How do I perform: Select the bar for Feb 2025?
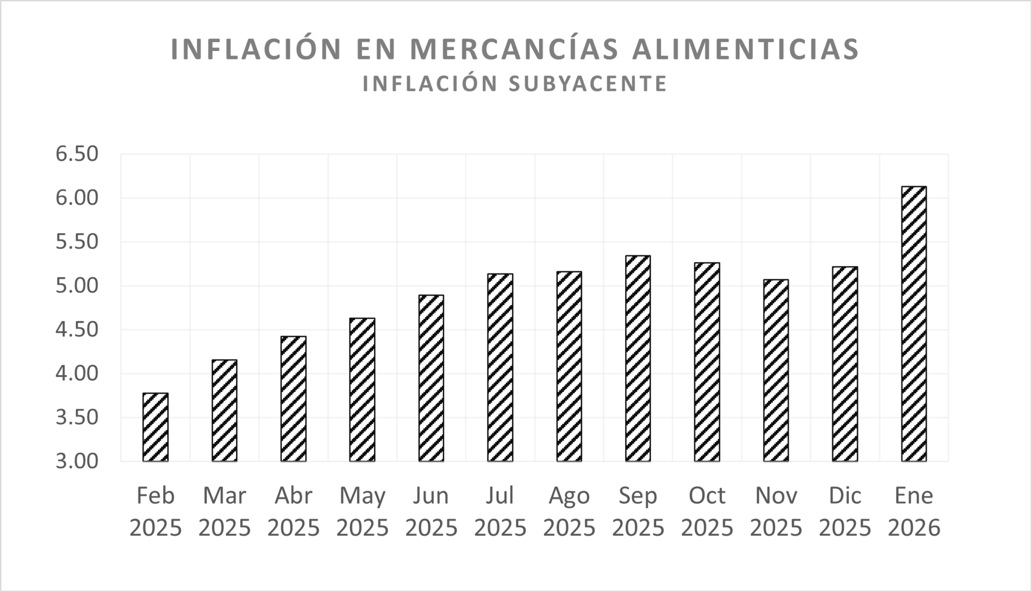pos(155,427)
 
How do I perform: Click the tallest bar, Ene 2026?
pos(914,324)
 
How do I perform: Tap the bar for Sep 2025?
pos(638,358)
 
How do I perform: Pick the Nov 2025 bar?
pos(776,370)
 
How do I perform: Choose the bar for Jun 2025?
pos(431,378)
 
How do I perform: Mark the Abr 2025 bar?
pos(293,399)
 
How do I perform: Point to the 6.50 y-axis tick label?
pos(77,154)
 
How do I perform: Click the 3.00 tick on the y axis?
pos(77,461)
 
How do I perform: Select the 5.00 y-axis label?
pos(77,286)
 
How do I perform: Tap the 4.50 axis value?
pos(77,329)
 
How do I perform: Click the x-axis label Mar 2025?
pos(225,511)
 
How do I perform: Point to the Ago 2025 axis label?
pos(569,511)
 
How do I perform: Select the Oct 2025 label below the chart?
pos(707,511)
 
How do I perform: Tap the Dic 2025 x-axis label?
pos(845,511)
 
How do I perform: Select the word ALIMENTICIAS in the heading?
pos(746,49)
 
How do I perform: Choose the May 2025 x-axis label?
pos(362,511)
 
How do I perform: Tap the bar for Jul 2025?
pos(500,367)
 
